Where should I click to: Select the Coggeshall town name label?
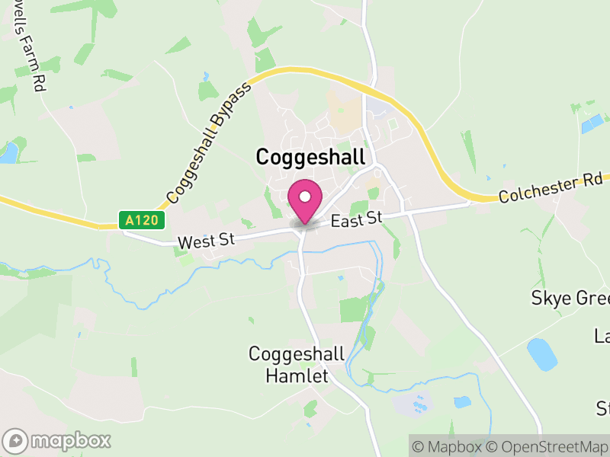[310, 157]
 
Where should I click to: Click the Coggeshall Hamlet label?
[296, 365]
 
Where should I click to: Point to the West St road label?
[205, 241]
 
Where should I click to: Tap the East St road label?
[356, 220]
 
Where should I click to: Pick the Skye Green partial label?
[570, 298]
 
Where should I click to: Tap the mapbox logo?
[57, 440]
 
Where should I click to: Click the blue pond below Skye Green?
[541, 353]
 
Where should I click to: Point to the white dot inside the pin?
[305, 197]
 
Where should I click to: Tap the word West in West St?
[195, 242]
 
